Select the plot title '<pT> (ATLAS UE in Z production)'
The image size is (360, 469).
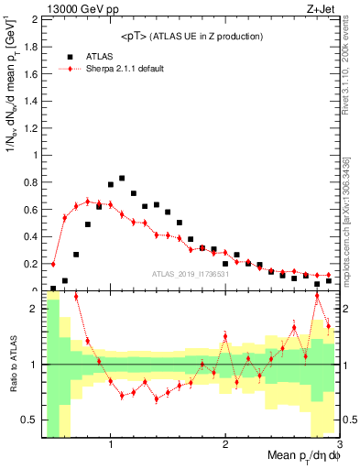tap(191, 36)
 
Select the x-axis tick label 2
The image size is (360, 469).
tap(225, 446)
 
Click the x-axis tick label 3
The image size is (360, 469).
tap(338, 446)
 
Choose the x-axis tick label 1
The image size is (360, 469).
tap(111, 446)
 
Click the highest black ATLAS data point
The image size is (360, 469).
tap(122, 179)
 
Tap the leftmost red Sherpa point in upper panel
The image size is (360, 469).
tap(53, 264)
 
